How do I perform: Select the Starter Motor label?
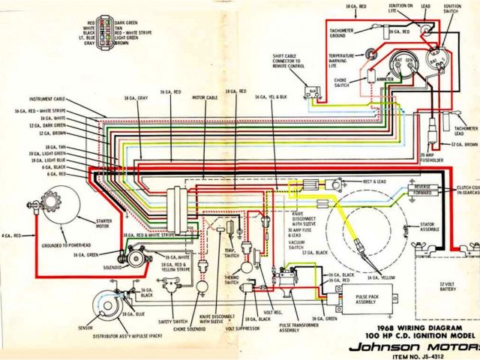coord(104,221)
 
